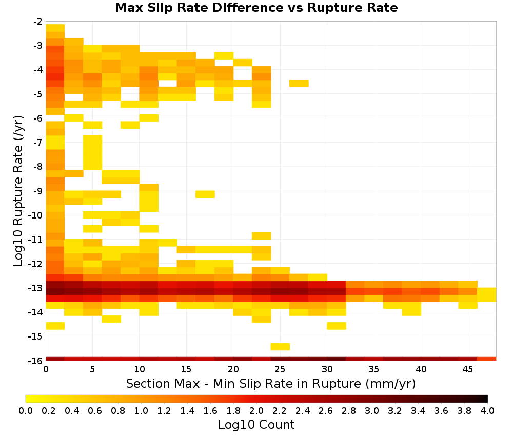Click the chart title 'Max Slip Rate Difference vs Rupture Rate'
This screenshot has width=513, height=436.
pos(256,8)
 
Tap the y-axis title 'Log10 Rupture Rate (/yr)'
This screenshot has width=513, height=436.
pos(18,191)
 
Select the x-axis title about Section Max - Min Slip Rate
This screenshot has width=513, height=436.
pos(270,383)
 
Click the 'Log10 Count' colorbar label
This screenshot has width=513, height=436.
pos(256,425)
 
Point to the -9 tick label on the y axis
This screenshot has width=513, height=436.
pos(38,191)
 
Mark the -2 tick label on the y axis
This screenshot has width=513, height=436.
pos(38,22)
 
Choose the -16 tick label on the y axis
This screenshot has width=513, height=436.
pos(36,361)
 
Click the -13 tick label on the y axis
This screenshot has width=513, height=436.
pos(36,288)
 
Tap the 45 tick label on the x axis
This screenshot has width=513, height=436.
pos(467,369)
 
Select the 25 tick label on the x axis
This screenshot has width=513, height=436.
pos(280,369)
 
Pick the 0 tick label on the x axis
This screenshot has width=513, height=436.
pos(46,369)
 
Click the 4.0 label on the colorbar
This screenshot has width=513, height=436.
pos(487,410)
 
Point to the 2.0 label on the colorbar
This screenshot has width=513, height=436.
pos(256,410)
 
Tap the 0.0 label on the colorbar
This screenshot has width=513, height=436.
pos(26,410)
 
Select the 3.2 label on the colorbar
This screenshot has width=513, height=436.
pos(395,410)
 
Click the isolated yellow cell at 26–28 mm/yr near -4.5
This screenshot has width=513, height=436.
pos(299,84)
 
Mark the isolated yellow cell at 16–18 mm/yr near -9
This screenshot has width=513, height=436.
pos(205,194)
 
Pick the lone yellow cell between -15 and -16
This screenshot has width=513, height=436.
pos(280,347)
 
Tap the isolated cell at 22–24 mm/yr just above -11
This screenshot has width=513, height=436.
pos(262,236)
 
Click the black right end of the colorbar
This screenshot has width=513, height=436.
pos(486,399)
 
